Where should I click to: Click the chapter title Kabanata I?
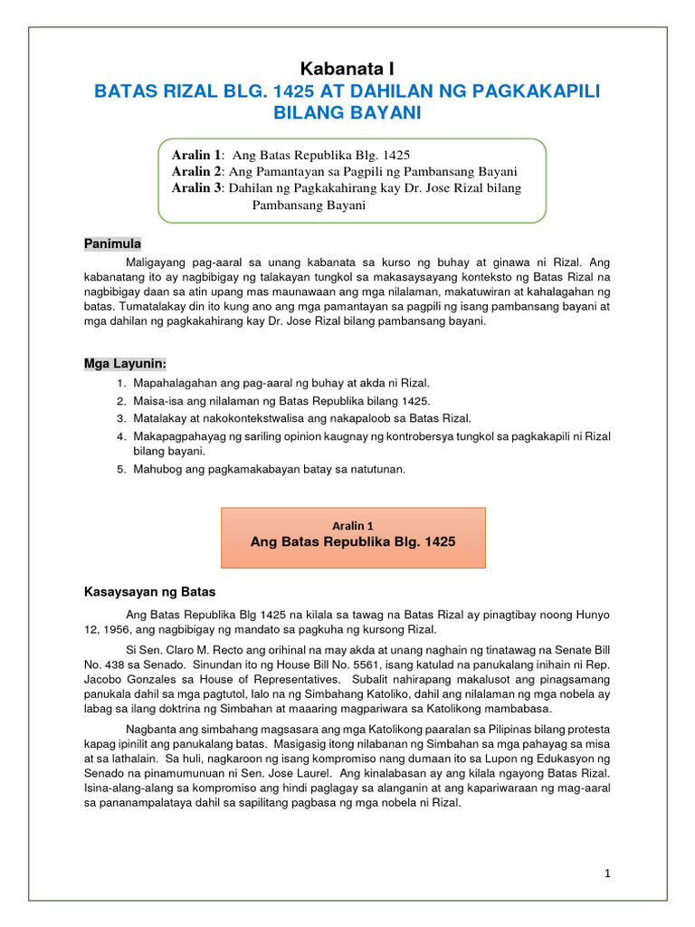tap(347, 69)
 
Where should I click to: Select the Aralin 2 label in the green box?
tap(196, 171)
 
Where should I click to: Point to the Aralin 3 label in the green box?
tap(196, 187)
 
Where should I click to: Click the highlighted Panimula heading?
tap(113, 244)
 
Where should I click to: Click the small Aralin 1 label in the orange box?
tap(353, 525)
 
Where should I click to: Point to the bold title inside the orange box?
tap(353, 542)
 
